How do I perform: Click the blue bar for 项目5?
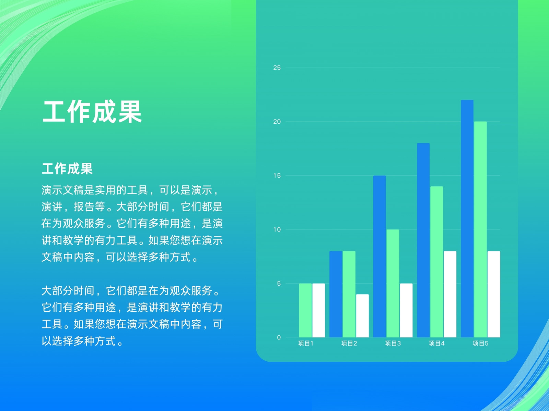coord(467,219)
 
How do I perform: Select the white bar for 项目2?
coord(362,316)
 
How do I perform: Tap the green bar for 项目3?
coord(393,283)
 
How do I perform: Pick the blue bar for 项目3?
coord(379,257)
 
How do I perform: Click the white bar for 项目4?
coord(450,294)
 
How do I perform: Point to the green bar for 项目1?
coord(305,310)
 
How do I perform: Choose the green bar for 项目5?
coord(480,229)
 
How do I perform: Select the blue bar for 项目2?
coord(336,294)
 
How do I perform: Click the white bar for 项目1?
coord(319,310)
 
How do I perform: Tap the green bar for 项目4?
coord(437,262)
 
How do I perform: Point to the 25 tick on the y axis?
coord(277,67)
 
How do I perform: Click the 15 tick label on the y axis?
coord(277,176)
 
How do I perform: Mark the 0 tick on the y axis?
coord(279,337)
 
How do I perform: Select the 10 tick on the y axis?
coord(277,229)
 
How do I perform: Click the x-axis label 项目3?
coord(393,344)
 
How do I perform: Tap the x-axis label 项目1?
coord(305,344)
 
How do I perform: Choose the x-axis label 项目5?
coord(480,344)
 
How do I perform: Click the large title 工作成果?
coord(92,112)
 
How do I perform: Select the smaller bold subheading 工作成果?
coord(67,169)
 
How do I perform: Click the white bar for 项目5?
coord(494,294)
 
